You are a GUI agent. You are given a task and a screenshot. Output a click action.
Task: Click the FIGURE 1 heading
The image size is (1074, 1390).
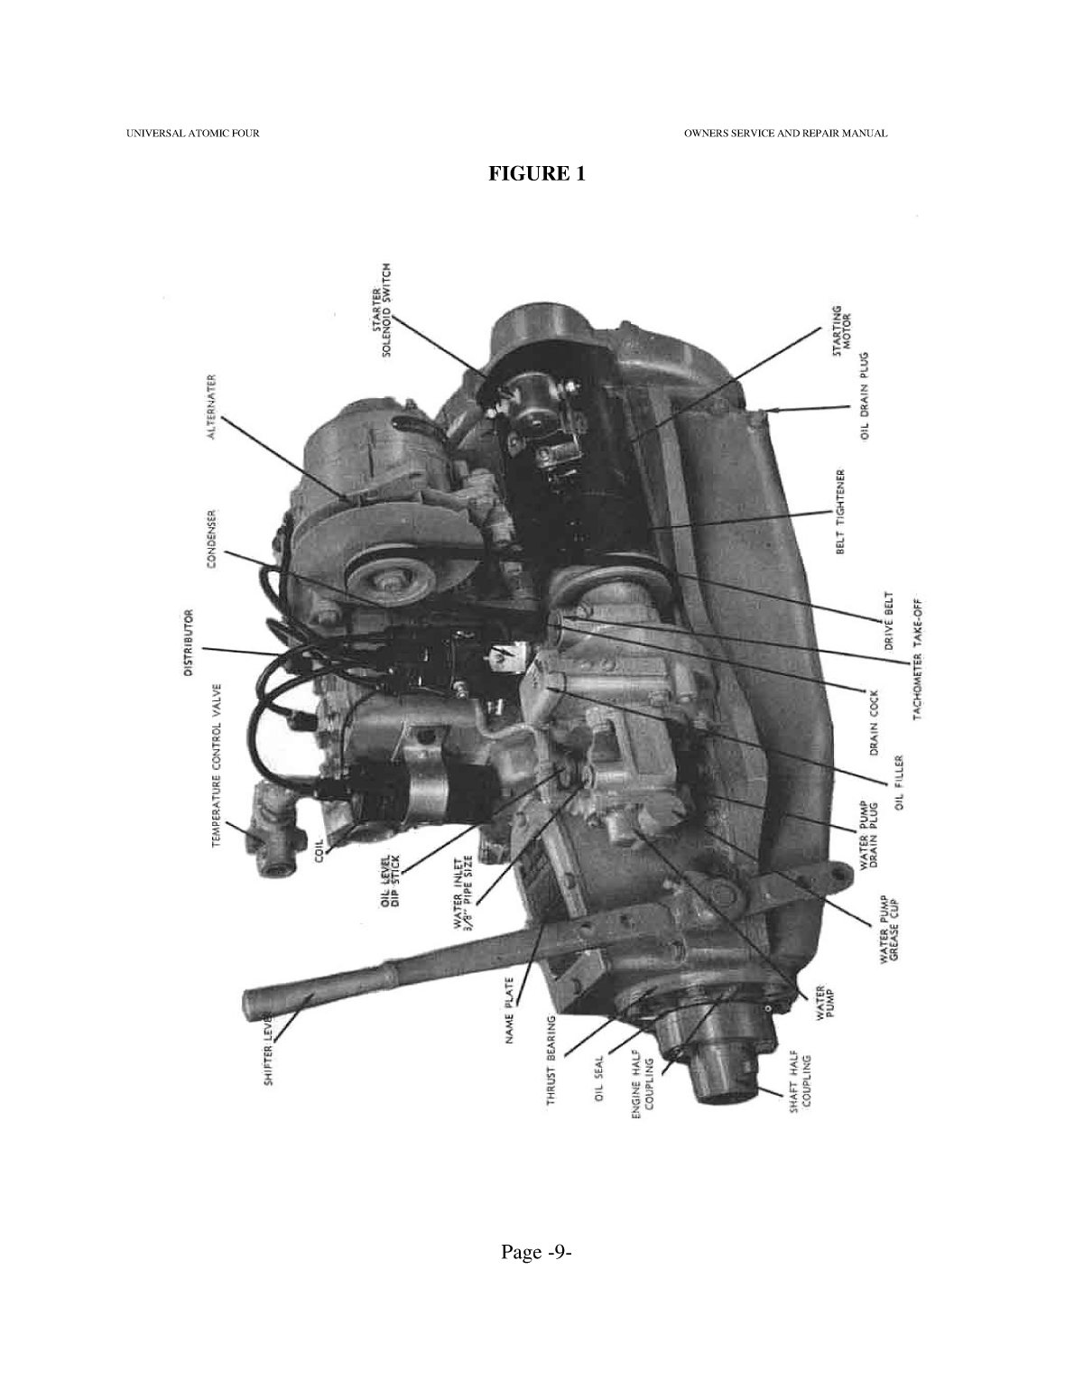coord(536,173)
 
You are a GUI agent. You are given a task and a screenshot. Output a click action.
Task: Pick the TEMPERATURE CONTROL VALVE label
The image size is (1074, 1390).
coord(217,765)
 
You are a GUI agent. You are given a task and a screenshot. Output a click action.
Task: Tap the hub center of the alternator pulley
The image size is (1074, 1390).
coord(377,579)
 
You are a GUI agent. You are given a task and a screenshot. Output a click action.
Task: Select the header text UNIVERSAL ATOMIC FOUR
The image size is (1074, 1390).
coord(192,134)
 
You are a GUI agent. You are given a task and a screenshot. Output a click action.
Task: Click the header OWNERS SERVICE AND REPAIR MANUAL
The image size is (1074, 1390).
coord(785,134)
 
